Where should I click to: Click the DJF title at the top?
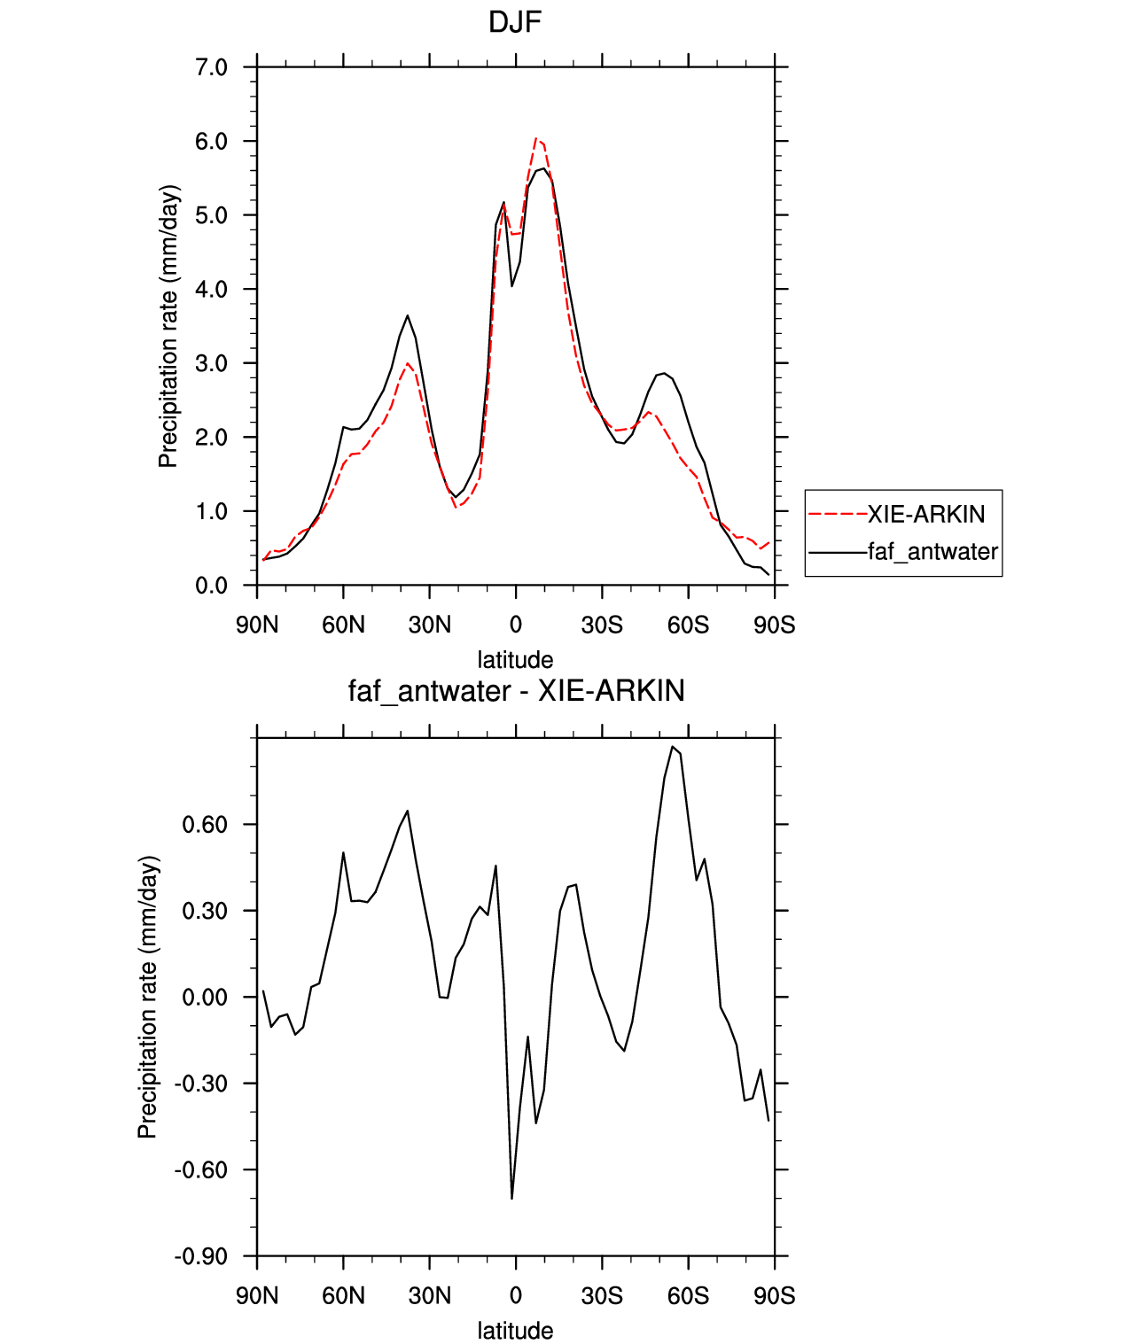click(x=514, y=22)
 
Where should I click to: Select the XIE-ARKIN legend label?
click(x=925, y=515)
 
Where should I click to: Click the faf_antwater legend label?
click(x=932, y=551)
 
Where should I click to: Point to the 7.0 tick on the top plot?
click(x=212, y=67)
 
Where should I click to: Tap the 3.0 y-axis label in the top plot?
click(x=212, y=363)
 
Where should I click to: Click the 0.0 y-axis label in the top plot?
click(x=212, y=586)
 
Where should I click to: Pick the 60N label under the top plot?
click(x=343, y=625)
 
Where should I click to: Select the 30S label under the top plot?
click(x=602, y=625)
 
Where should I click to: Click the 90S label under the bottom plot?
click(x=774, y=1296)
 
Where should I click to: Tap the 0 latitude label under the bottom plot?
click(x=515, y=1296)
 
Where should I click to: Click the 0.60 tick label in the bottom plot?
click(x=205, y=825)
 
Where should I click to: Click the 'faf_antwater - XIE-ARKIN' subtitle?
click(x=516, y=690)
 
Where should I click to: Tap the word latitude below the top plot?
click(x=515, y=659)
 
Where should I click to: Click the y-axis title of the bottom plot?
click(x=148, y=997)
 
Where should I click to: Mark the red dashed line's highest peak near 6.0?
click(x=536, y=138)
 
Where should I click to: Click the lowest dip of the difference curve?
click(x=512, y=1198)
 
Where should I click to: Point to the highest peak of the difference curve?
click(x=673, y=747)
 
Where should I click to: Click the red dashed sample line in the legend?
click(x=838, y=515)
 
